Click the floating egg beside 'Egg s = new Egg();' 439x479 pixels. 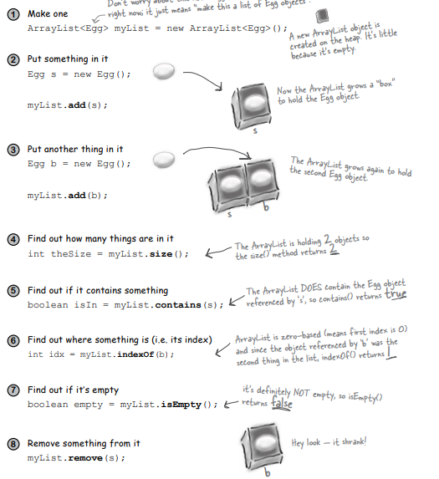tap(166, 73)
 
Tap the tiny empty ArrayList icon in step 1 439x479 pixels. tap(324, 16)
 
